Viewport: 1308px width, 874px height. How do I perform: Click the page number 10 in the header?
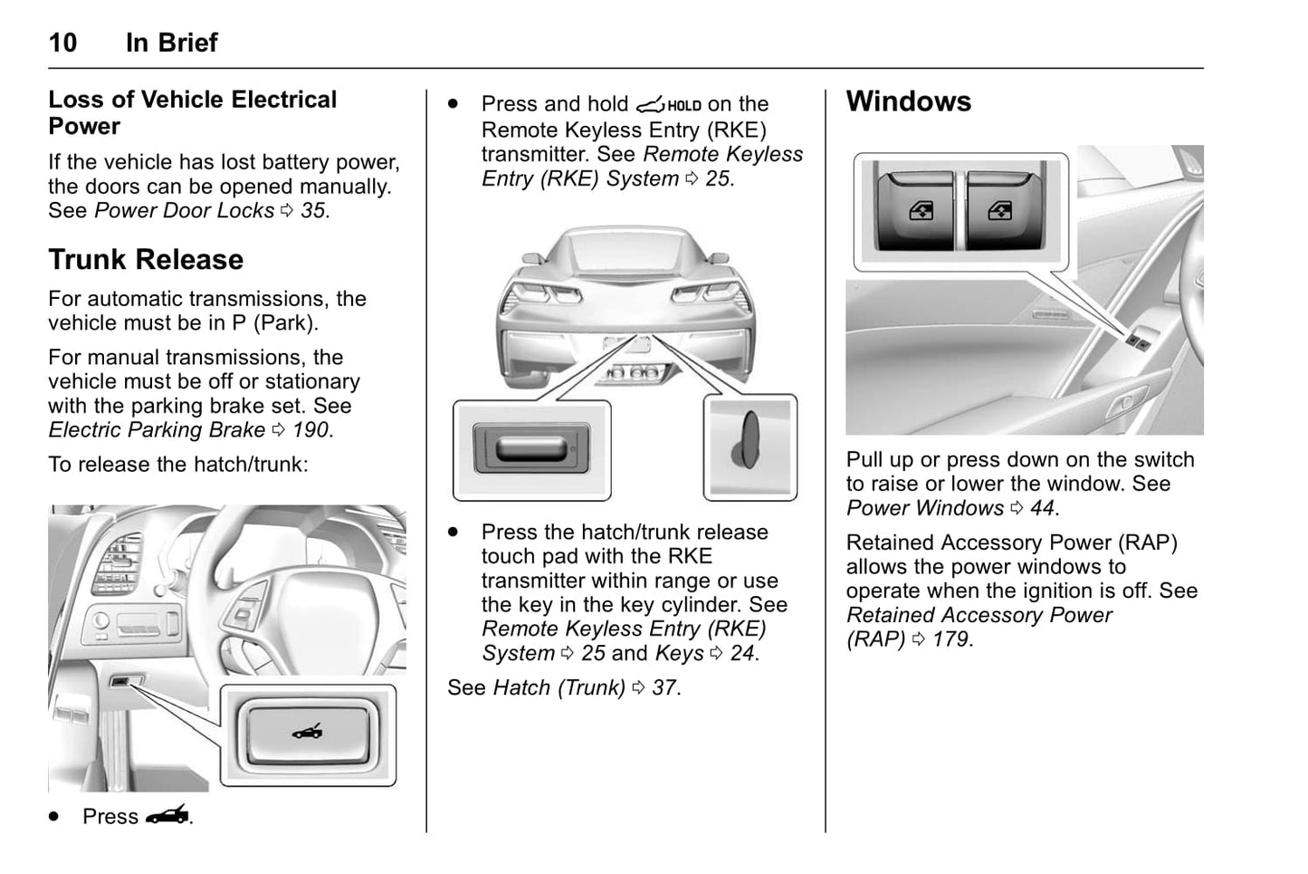pos(62,43)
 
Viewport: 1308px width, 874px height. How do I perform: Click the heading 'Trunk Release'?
pos(146,260)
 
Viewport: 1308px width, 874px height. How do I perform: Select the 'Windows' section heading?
pos(908,101)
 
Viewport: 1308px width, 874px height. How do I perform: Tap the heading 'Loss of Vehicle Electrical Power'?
pos(192,112)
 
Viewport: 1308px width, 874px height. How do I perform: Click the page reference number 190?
pos(311,430)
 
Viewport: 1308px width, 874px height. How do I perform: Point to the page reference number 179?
pos(950,639)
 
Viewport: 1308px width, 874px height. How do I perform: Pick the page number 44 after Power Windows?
pos(1042,508)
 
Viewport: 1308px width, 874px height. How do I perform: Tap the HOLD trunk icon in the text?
pos(669,105)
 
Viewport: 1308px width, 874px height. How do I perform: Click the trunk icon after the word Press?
pos(167,816)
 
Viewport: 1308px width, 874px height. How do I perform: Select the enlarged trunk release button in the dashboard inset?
pos(307,733)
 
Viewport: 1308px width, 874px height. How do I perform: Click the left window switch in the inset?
pos(915,211)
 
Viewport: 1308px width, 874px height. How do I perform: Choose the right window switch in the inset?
pos(998,211)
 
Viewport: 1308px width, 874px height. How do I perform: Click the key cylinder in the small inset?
pos(748,443)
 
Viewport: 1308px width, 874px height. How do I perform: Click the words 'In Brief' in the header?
pos(172,43)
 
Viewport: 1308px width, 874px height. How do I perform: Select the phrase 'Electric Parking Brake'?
pos(157,430)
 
